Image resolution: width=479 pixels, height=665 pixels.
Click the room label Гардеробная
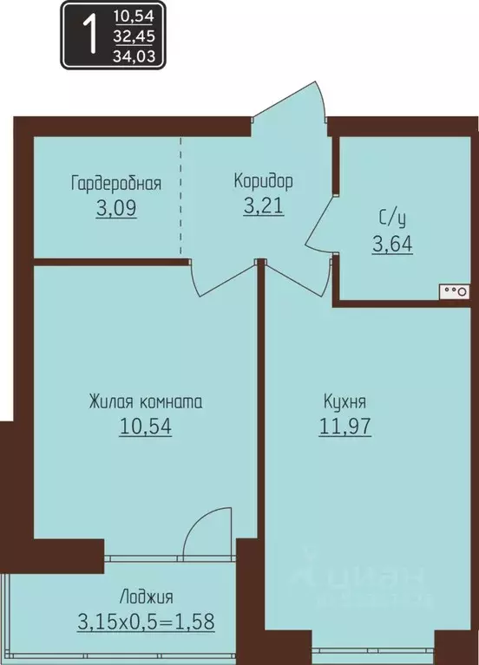tap(116, 183)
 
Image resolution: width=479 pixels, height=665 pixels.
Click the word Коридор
tap(263, 181)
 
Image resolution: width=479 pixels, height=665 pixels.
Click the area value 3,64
tap(391, 244)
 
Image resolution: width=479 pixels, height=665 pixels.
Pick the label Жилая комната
tap(145, 402)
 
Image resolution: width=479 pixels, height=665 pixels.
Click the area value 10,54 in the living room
tap(145, 427)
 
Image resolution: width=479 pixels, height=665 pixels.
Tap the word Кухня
tap(344, 402)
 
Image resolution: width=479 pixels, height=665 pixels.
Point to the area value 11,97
tap(344, 427)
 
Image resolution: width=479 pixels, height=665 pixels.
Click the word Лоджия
tap(145, 597)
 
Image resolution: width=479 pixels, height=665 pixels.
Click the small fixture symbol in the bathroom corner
tap(456, 291)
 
